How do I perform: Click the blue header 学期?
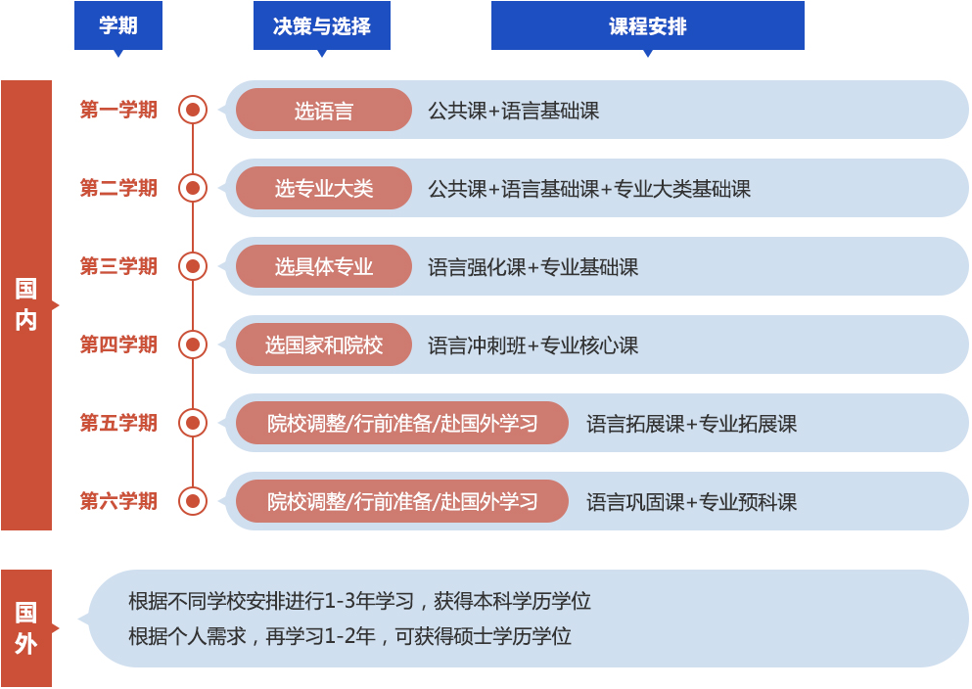pos(117,25)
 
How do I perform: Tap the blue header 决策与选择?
pos(322,25)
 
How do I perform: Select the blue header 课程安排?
pos(648,25)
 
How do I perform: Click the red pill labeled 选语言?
pos(324,110)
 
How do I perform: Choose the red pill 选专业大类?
pos(324,188)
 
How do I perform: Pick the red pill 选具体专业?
pos(324,266)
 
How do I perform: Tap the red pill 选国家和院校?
pos(324,344)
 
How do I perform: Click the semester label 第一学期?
pos(118,110)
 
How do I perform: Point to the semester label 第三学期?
pos(118,266)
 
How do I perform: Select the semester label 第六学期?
pos(118,501)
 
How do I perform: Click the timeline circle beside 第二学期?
pos(193,188)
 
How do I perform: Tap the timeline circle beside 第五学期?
pos(193,423)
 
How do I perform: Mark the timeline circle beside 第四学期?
pos(193,344)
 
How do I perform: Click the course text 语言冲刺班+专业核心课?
pos(533,345)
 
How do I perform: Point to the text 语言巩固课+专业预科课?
pos(692,502)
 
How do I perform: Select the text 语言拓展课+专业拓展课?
pos(692,424)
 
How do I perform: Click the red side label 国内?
pos(26,304)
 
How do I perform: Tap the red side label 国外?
pos(26,628)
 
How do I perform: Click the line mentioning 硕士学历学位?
pos(349,636)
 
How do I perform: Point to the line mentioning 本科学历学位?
pos(359,601)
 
